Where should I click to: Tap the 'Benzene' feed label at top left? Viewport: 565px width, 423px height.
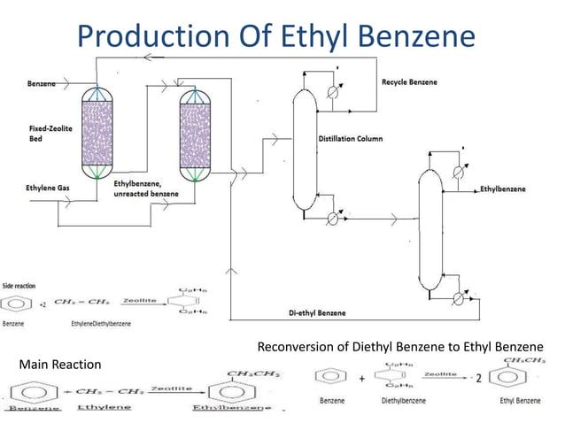(x=42, y=83)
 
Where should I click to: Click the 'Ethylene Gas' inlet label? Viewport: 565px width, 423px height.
(x=50, y=187)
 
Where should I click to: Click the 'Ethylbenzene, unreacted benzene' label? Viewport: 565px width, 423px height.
(x=146, y=188)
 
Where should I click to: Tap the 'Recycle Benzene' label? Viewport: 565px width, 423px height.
(x=409, y=82)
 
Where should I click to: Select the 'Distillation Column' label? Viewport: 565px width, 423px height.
(x=351, y=139)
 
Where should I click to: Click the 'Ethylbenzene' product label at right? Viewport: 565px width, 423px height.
(x=502, y=189)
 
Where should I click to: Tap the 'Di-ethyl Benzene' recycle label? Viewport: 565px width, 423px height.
(x=317, y=313)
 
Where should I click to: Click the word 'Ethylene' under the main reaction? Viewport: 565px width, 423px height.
(x=104, y=407)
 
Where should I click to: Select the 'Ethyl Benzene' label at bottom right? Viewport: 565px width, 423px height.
(x=520, y=401)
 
